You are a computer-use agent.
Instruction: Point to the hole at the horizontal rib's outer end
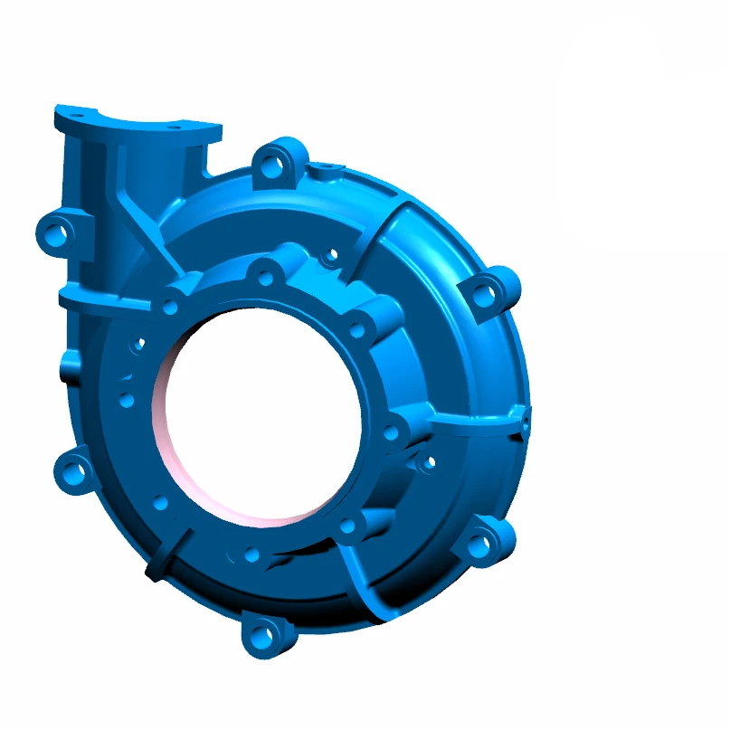(x=524, y=418)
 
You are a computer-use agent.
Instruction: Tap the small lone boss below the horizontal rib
(x=425, y=464)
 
